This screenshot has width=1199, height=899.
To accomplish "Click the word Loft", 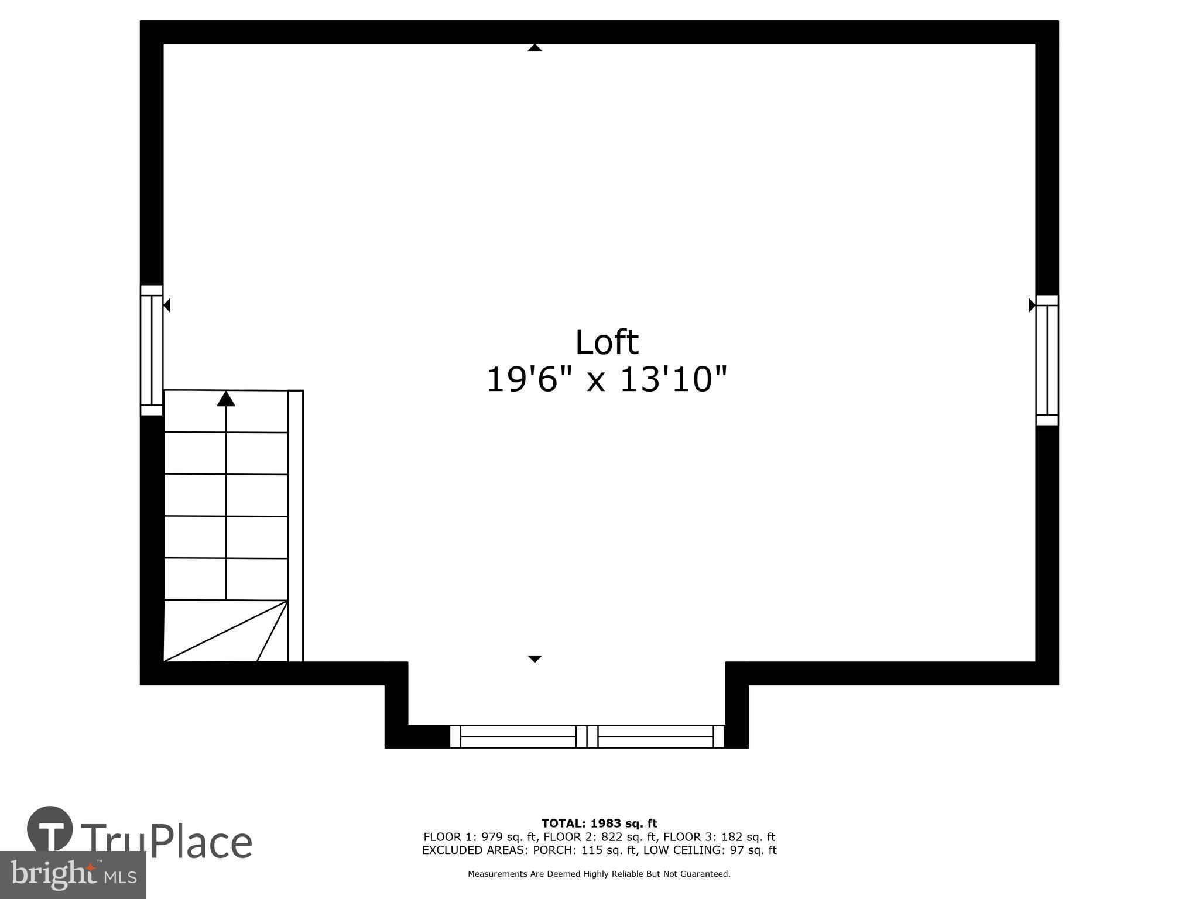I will (607, 342).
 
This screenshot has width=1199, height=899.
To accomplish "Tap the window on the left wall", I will (151, 350).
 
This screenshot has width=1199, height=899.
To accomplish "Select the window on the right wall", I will (1047, 360).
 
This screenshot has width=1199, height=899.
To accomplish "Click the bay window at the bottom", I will (587, 736).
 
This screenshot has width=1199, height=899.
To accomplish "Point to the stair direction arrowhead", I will (226, 399).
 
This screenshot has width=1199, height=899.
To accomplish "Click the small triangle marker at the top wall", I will (535, 47).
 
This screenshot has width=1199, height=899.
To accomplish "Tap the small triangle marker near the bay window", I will (535, 658).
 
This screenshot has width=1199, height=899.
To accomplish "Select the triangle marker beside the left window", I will (167, 305).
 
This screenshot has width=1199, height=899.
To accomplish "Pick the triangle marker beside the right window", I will (1032, 305).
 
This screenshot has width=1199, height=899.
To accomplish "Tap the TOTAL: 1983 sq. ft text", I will (599, 824).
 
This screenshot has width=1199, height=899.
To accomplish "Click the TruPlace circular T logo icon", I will (50, 829).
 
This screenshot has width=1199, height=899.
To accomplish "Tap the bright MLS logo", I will (73, 874).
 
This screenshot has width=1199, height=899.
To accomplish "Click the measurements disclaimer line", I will (599, 874).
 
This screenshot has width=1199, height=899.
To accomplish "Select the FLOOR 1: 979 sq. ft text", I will (479, 837).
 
